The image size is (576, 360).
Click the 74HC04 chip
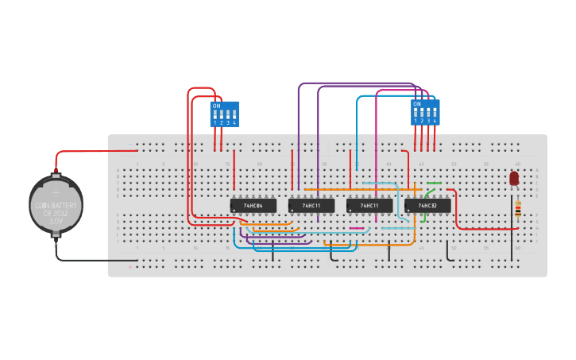tap(253, 206)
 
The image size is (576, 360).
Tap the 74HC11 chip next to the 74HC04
tap(311, 206)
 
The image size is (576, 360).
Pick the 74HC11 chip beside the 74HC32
tap(369, 206)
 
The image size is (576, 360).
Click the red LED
tap(514, 178)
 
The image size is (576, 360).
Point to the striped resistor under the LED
tap(518, 209)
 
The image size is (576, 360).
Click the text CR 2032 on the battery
tap(56, 213)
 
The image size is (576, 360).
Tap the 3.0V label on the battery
tap(56, 221)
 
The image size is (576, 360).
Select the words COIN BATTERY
tap(56, 205)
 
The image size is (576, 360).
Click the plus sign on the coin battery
tap(56, 192)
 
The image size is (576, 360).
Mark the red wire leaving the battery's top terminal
tap(87, 150)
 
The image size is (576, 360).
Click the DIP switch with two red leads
tap(224, 114)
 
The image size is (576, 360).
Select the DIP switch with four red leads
tap(425, 112)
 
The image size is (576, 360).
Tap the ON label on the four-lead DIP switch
tap(416, 103)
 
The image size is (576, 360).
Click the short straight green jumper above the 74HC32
tap(434, 183)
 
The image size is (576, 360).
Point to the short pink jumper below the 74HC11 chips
tap(357, 229)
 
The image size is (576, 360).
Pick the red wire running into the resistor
tap(485, 229)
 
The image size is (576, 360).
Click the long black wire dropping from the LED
tap(512, 238)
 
